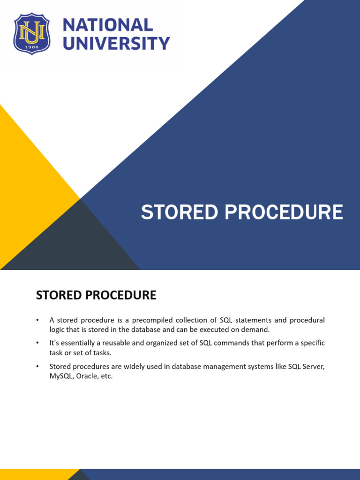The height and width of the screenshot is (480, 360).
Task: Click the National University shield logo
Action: (x=31, y=34)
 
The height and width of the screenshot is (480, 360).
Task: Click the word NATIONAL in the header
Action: (x=108, y=25)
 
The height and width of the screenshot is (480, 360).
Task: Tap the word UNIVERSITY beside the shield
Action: (x=116, y=44)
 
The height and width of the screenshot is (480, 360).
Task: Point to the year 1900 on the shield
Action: (x=31, y=47)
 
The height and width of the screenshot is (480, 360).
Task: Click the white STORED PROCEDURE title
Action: (x=242, y=212)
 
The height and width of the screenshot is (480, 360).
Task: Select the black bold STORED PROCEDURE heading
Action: (x=96, y=295)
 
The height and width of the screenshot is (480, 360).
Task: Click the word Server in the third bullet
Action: (x=312, y=366)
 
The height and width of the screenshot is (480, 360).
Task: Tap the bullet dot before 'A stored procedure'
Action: (x=37, y=320)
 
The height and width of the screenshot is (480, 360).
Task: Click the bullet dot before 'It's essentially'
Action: (x=37, y=343)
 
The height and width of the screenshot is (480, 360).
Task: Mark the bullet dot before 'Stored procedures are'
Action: (x=37, y=366)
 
